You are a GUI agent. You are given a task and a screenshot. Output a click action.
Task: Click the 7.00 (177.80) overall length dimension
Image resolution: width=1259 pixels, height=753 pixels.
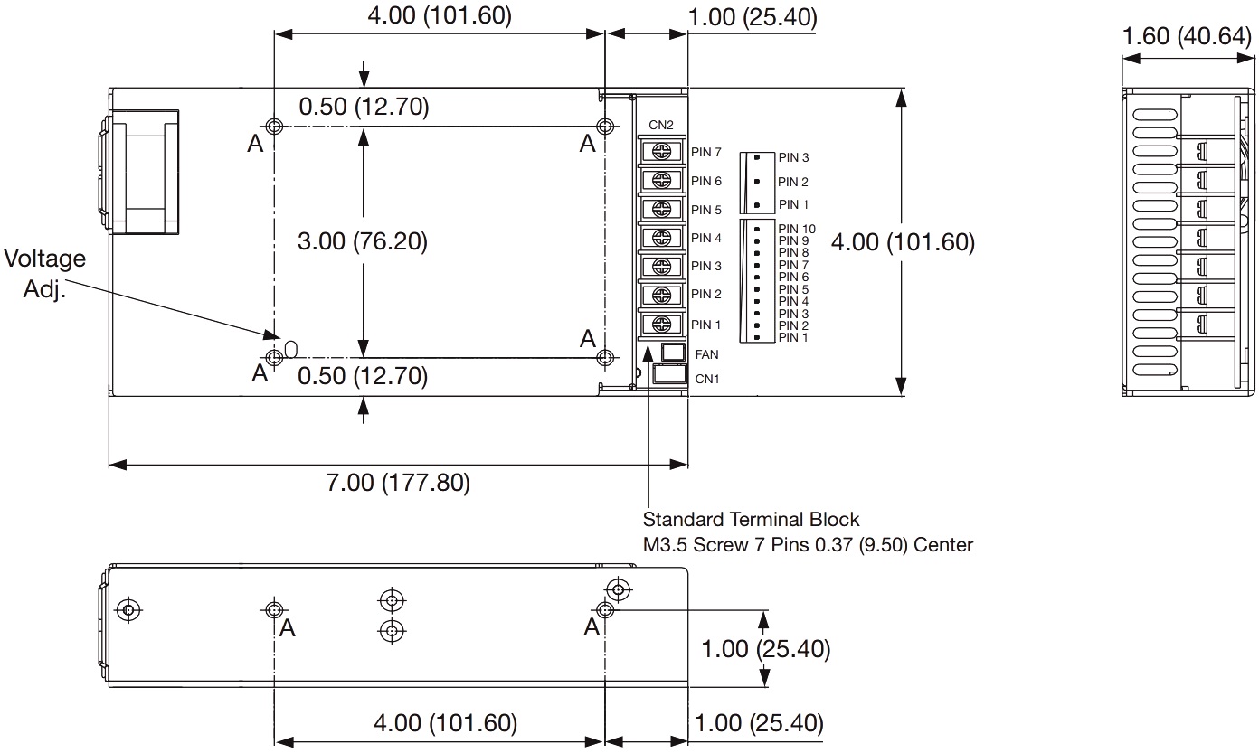pos(398,483)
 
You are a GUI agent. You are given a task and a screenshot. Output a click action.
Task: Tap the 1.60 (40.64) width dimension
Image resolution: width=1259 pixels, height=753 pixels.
pos(1187,36)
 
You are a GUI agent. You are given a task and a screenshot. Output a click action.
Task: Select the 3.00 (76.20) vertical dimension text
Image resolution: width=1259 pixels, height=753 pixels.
pos(363,241)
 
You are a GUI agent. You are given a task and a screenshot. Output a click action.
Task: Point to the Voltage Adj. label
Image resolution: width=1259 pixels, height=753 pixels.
pos(44,274)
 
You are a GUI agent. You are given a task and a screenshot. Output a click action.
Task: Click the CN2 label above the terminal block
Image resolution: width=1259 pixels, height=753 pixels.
pos(661,125)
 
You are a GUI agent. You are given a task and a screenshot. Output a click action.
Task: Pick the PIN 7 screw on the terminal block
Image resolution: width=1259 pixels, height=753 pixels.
pos(661,151)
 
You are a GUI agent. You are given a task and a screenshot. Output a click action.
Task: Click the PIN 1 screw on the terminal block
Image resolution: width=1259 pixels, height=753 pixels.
pos(661,324)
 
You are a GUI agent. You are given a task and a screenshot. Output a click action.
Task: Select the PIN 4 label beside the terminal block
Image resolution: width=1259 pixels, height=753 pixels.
pos(706,239)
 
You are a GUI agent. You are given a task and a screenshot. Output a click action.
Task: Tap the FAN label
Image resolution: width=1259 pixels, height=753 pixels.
pos(706,354)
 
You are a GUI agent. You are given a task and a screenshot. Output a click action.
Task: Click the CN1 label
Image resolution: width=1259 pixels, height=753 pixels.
pos(707,380)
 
